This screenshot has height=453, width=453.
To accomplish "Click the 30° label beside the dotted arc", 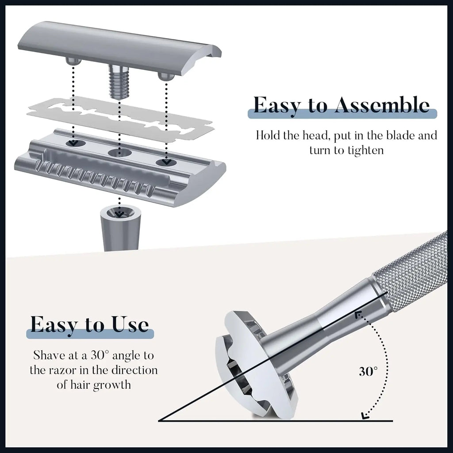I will [368, 372].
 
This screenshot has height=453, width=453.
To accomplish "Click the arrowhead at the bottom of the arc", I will [365, 415].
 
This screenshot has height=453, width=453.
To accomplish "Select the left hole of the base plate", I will [73, 143].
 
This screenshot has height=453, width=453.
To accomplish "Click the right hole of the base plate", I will [166, 163].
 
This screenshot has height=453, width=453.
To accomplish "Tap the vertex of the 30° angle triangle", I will [160, 420].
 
